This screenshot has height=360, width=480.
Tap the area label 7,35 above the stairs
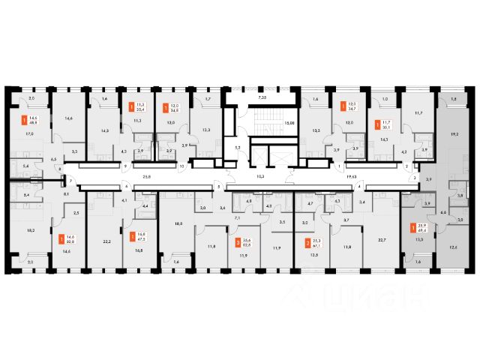click(261, 98)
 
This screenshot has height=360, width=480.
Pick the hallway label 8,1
click(66, 193)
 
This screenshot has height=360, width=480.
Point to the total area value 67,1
click(320, 244)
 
